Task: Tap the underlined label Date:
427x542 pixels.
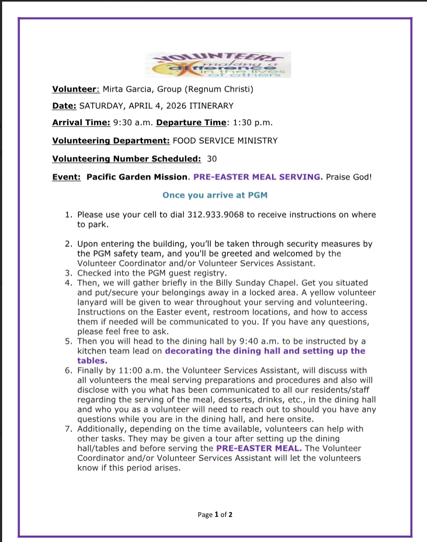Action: tap(64, 106)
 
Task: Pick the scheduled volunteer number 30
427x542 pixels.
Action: tap(212, 158)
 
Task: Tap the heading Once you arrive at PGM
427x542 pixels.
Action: tap(215, 195)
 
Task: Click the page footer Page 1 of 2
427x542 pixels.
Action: tap(215, 514)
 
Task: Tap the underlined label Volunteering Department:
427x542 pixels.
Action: tap(111, 141)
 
